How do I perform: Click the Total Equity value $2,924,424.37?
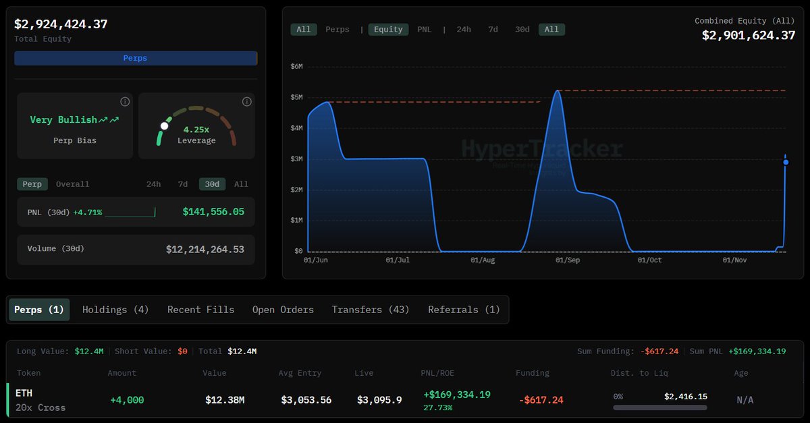61,24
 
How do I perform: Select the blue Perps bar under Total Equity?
135,58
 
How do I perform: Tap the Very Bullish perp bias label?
64,120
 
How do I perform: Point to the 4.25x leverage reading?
196,128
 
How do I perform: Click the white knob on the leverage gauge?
164,126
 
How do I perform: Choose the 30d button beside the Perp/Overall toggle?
212,184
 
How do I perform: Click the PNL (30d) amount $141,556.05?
213,212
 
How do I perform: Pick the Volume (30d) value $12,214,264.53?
205,250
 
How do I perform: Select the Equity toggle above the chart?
388,30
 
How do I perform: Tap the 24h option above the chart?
464,30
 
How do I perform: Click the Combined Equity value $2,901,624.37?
749,35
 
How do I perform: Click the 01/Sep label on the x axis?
567,260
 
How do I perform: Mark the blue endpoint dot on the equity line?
786,163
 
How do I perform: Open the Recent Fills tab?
200,310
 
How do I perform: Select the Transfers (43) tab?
371,310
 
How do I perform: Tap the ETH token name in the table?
24,393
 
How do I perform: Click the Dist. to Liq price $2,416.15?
685,397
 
